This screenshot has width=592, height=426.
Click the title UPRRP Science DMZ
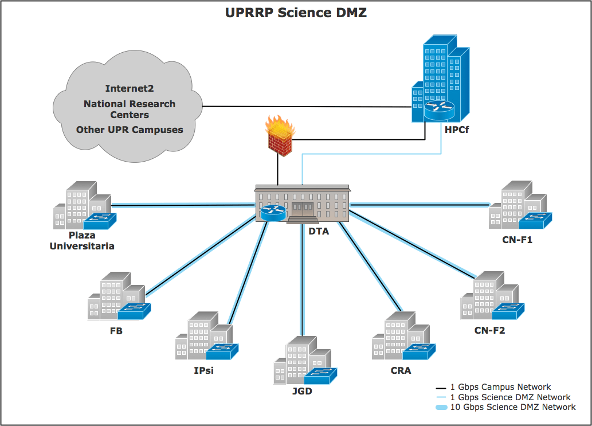point(296,13)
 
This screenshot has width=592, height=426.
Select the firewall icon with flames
point(280,135)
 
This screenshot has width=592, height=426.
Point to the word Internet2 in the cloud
point(130,88)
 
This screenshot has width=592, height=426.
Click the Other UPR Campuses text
point(130,130)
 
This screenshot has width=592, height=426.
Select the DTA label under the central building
point(319,232)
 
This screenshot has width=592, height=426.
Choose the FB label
point(116,331)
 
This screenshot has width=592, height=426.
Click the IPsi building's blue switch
point(222,351)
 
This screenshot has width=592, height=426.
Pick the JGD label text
point(302,392)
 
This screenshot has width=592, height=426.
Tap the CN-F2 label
point(489,330)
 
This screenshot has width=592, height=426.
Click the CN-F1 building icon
point(519,206)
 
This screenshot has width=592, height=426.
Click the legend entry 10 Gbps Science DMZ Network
point(512,407)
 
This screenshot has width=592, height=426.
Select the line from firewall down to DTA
point(278,170)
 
